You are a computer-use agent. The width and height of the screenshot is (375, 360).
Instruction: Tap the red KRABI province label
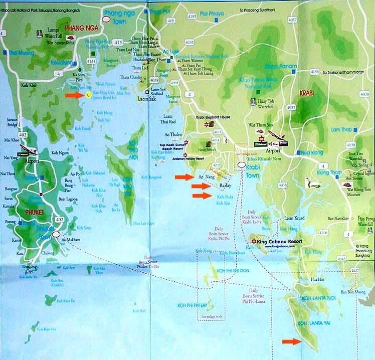tap(306, 94)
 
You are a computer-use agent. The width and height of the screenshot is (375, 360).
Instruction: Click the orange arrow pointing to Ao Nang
tap(184, 177)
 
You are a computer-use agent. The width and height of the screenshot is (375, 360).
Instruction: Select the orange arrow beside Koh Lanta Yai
tap(289, 341)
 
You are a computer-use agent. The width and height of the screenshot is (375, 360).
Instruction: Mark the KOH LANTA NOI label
tap(319, 299)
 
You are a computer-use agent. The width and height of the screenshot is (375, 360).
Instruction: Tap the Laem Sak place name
tap(146, 99)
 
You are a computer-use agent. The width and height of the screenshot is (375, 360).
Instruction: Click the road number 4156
tap(315, 72)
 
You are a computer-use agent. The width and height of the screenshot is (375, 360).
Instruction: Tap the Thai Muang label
tap(20, 52)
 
